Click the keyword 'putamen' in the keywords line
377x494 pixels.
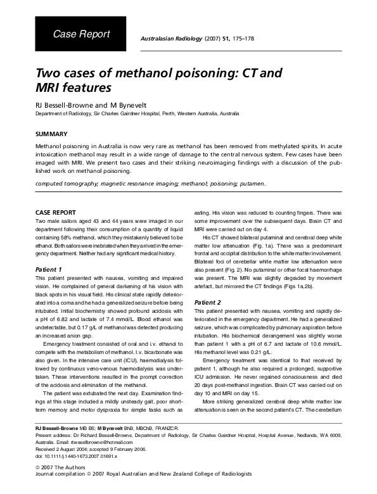pyautogui.click(x=253, y=184)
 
